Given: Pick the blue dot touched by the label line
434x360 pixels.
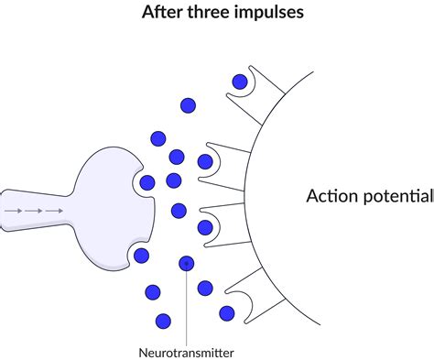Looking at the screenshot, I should pos(187,264).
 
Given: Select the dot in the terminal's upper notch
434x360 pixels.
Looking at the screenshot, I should pos(147,182).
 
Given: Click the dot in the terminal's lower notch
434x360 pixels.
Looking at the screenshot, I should pos(140,254).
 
